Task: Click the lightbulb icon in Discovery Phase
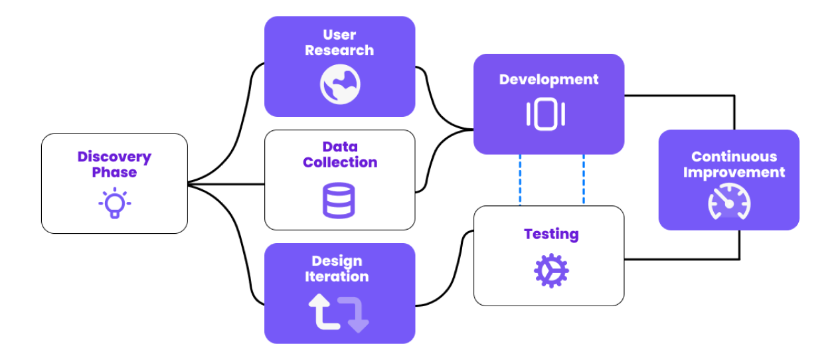(x=114, y=203)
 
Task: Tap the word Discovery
(x=114, y=157)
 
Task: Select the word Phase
(x=114, y=173)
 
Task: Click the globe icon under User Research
(x=340, y=85)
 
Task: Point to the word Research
(x=339, y=50)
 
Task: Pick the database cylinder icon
(x=339, y=200)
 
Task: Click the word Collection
(x=340, y=163)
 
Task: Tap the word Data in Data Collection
(x=340, y=147)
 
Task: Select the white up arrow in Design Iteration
(x=321, y=312)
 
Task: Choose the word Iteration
(x=337, y=277)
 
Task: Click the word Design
(x=337, y=261)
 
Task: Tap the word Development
(x=548, y=80)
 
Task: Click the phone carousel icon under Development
(x=546, y=114)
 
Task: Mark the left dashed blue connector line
(x=520, y=180)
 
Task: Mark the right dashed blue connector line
(x=584, y=180)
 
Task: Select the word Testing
(x=551, y=234)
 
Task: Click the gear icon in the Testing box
(x=551, y=271)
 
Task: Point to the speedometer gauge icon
(x=728, y=201)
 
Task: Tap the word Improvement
(x=734, y=173)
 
